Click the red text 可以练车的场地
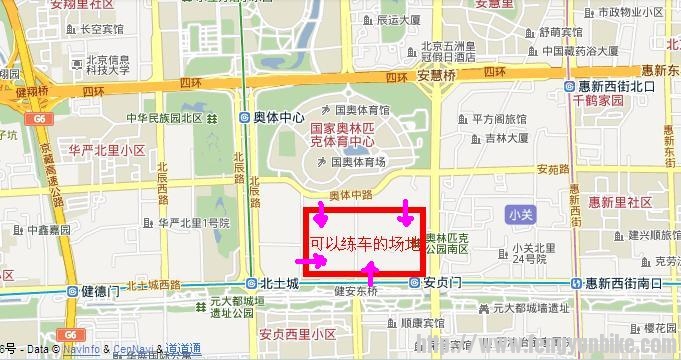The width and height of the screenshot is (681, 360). point(364,242)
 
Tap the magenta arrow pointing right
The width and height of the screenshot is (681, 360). point(317,261)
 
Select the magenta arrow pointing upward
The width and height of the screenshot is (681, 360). point(371,269)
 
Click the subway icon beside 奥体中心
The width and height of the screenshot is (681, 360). point(246,117)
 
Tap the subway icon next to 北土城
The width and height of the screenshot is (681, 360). point(250,284)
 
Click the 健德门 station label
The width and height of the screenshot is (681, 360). point(100,291)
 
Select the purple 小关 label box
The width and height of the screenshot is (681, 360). point(519,213)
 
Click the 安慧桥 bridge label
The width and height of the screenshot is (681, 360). point(437,74)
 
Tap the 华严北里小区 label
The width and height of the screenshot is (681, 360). point(107,150)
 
